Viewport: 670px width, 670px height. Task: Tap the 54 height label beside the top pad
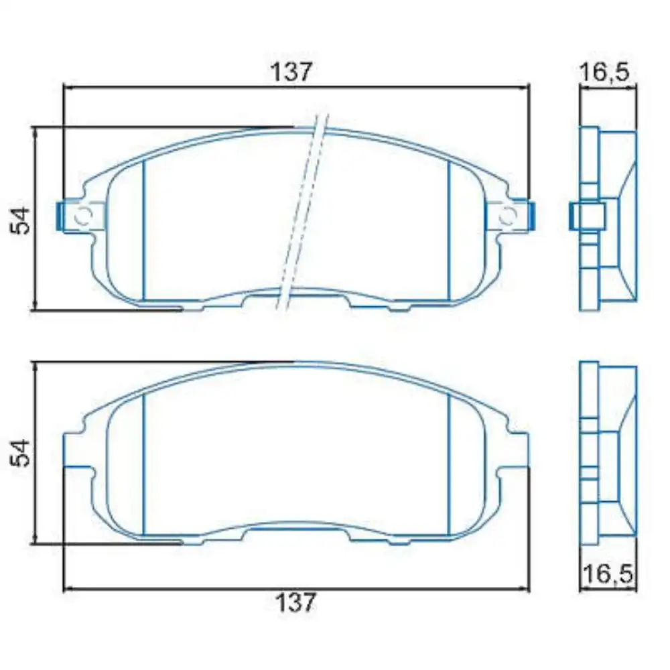22,220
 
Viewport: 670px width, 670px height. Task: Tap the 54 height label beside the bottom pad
22,452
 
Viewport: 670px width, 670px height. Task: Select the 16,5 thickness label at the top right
604,73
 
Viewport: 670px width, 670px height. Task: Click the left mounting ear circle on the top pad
84,216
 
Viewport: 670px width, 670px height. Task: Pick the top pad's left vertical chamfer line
144,231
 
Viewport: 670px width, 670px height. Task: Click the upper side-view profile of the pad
607,218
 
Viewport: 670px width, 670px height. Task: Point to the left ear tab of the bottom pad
74,449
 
